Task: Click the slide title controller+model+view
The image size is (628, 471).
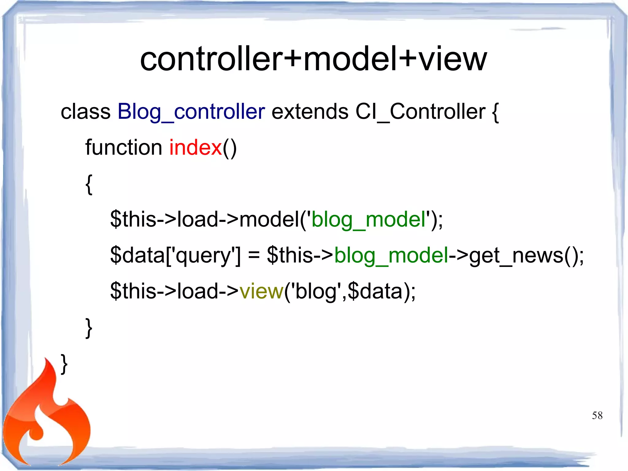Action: pyautogui.click(x=313, y=59)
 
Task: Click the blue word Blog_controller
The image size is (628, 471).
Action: pyautogui.click(x=191, y=111)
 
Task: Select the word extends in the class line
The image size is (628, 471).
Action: pyautogui.click(x=310, y=111)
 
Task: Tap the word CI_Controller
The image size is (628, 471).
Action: pyautogui.click(x=420, y=111)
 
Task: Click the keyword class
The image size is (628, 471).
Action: pyautogui.click(x=85, y=111)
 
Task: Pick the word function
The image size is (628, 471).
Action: pyautogui.click(x=124, y=148)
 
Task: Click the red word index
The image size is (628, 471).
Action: pyautogui.click(x=195, y=148)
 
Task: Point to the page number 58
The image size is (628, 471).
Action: pyautogui.click(x=597, y=415)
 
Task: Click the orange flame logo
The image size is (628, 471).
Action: pyautogui.click(x=46, y=417)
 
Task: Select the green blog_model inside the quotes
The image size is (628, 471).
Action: pyautogui.click(x=368, y=220)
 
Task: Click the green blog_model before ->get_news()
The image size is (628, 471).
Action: pyautogui.click(x=391, y=256)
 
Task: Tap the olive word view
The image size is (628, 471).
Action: pyautogui.click(x=262, y=291)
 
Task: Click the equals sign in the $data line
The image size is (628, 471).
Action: pyautogui.click(x=254, y=256)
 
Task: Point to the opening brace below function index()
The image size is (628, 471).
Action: pyautogui.click(x=89, y=184)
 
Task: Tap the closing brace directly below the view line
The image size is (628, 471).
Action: pyautogui.click(x=89, y=328)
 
